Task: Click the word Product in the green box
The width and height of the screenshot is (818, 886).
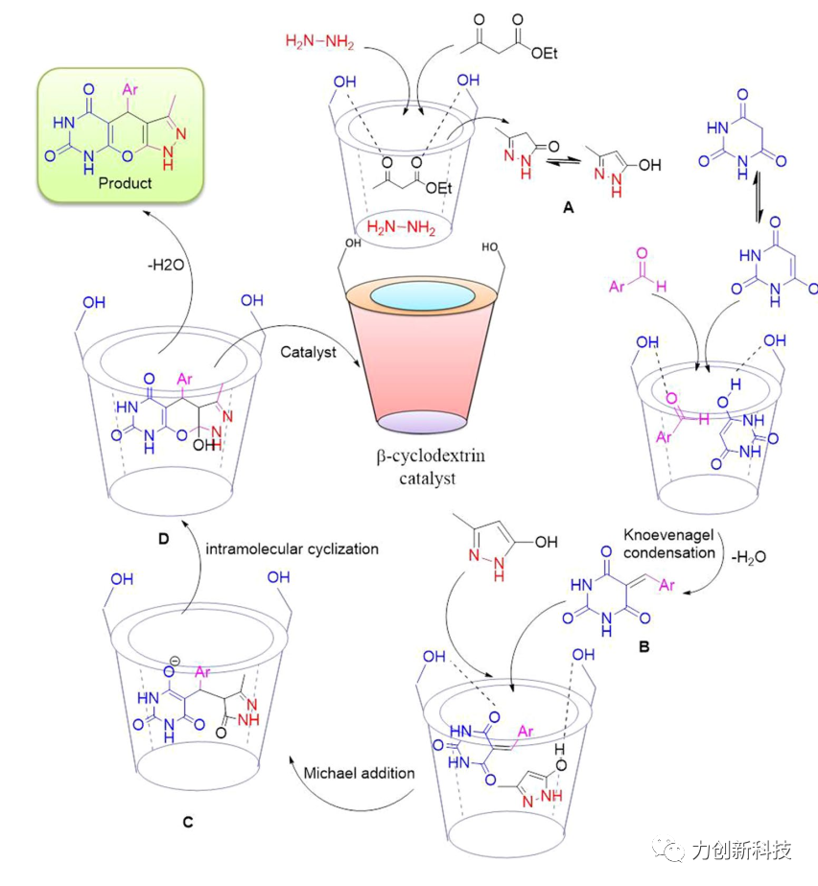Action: (x=124, y=182)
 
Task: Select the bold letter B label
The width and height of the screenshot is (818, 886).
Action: (x=645, y=647)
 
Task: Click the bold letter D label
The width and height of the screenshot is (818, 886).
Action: (x=163, y=539)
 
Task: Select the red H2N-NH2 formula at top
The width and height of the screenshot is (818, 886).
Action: (x=321, y=40)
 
